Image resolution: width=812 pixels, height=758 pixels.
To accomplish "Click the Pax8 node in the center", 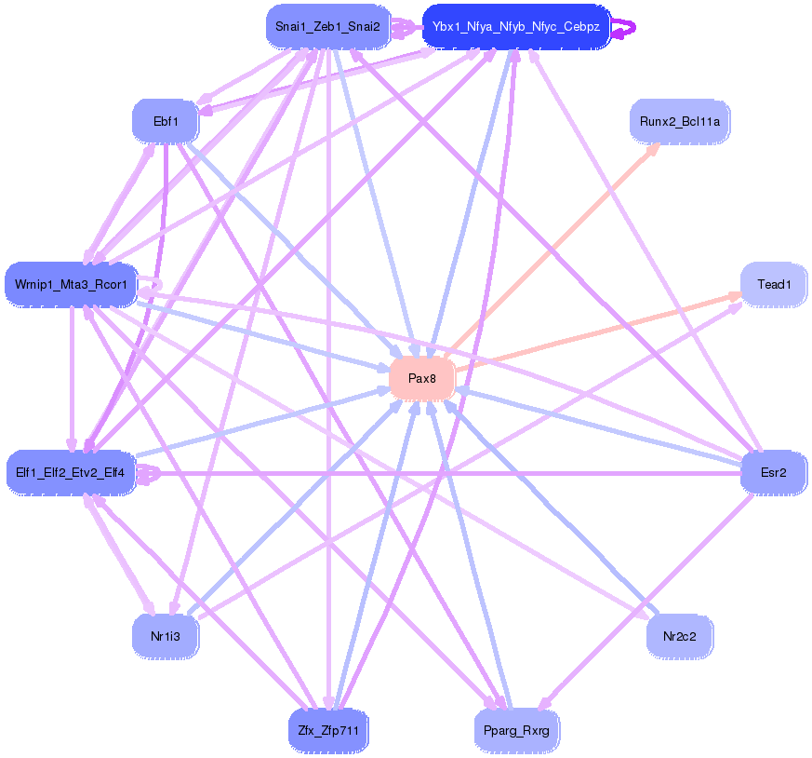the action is point(421,379).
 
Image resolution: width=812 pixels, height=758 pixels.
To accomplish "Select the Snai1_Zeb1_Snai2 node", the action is point(326,26).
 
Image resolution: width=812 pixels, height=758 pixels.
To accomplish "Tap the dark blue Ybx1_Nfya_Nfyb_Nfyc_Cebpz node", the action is point(515,27).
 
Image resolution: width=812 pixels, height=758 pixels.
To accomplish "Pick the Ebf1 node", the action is point(166,121).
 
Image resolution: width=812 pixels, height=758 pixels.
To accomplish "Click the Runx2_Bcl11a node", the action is point(680,121).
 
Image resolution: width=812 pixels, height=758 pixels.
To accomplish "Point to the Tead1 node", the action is point(773,284).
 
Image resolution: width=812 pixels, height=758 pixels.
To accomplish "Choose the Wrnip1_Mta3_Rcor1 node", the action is point(72,283).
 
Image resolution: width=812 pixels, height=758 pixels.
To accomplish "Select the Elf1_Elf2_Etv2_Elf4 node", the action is point(72,472).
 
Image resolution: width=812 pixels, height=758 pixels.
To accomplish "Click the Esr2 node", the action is point(773,472).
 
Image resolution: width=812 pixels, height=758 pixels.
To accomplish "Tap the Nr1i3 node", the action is point(166,637).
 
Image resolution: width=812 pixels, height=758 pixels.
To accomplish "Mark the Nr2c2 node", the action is point(679,637).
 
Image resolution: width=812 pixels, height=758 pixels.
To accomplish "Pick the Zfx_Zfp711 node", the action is point(328,730).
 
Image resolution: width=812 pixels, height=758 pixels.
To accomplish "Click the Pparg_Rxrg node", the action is point(516,730).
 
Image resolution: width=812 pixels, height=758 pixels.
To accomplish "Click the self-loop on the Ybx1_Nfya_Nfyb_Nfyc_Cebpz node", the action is point(626,28).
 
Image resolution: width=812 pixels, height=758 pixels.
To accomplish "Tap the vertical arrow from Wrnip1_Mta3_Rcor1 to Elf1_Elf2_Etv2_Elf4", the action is point(72,372).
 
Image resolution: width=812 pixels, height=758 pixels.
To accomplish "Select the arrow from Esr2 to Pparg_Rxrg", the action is point(651,596).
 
